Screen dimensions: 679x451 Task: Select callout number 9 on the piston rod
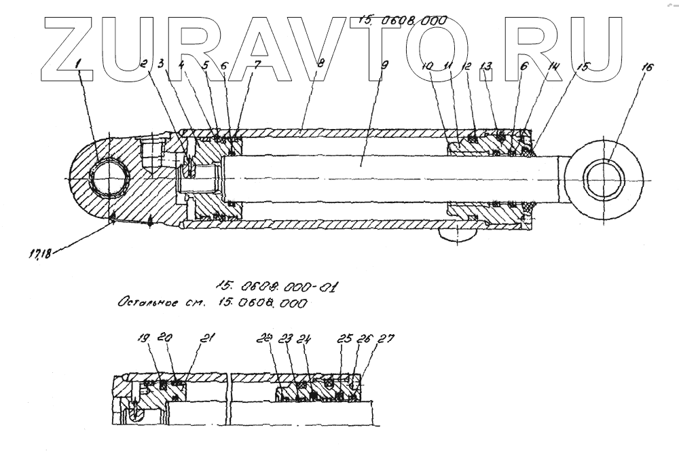[x=385, y=65]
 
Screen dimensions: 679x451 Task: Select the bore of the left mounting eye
[x=109, y=176]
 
